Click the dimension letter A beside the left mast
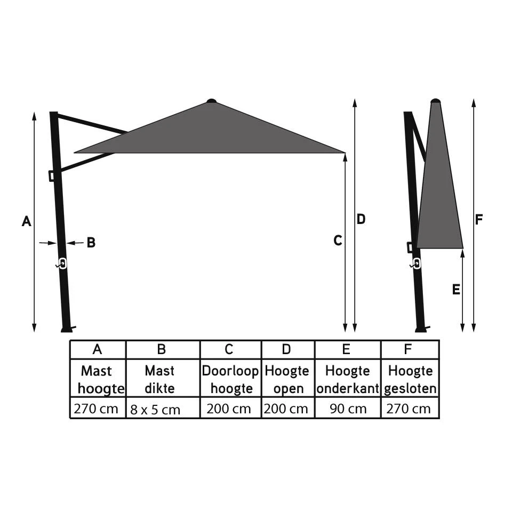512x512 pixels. click(x=26, y=221)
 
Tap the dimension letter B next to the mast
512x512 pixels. click(x=91, y=243)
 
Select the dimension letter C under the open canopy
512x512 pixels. click(x=337, y=241)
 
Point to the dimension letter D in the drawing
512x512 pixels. click(x=361, y=219)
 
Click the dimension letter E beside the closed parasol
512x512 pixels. click(x=455, y=290)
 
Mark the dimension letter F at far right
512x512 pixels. click(x=479, y=220)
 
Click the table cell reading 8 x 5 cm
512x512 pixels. click(x=155, y=410)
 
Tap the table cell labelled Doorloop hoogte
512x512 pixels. click(x=231, y=379)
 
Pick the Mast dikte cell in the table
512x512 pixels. click(x=160, y=379)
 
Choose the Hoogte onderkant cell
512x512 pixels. click(x=347, y=379)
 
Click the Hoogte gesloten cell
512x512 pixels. click(x=410, y=379)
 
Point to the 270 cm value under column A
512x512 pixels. click(x=97, y=409)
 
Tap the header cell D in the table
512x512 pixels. click(x=287, y=349)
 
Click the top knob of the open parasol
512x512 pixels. click(x=212, y=100)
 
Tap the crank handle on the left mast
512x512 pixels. click(x=62, y=264)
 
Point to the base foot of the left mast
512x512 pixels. click(x=66, y=329)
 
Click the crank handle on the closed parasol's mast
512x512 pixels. click(x=416, y=263)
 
